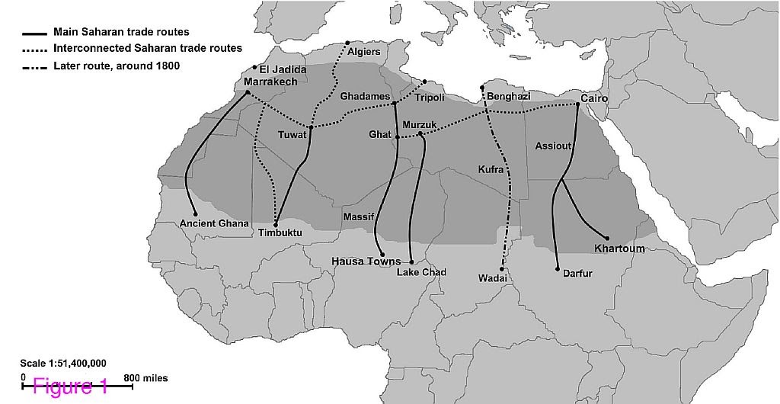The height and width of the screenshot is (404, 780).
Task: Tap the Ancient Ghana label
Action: (214, 223)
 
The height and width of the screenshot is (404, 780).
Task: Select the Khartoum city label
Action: (619, 248)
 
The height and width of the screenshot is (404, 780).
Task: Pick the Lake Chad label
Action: (421, 272)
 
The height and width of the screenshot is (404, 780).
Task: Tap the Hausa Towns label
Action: (366, 261)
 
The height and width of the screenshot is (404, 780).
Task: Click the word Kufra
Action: (491, 169)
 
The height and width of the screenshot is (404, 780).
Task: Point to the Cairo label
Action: (593, 98)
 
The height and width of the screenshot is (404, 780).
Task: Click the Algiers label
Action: (363, 52)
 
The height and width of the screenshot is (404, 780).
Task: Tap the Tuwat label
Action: (292, 135)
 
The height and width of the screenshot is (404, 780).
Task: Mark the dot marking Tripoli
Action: (425, 82)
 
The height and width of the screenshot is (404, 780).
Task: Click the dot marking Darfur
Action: (558, 269)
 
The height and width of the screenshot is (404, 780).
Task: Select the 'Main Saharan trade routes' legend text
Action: (121, 33)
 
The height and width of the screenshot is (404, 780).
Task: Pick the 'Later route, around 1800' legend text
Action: (116, 66)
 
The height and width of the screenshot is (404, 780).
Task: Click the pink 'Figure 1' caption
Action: (71, 386)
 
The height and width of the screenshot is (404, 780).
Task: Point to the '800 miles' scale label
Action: (145, 378)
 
